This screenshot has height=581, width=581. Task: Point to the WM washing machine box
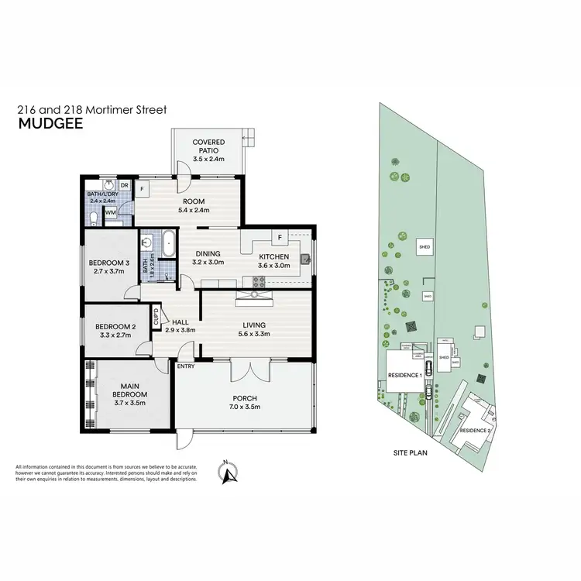[x=110, y=211]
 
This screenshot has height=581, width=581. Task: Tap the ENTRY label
[x=186, y=366]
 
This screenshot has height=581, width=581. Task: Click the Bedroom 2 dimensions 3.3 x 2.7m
[x=112, y=337]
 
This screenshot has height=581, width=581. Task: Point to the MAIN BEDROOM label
[x=129, y=390]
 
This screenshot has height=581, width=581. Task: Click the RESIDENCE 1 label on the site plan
[x=404, y=375]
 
